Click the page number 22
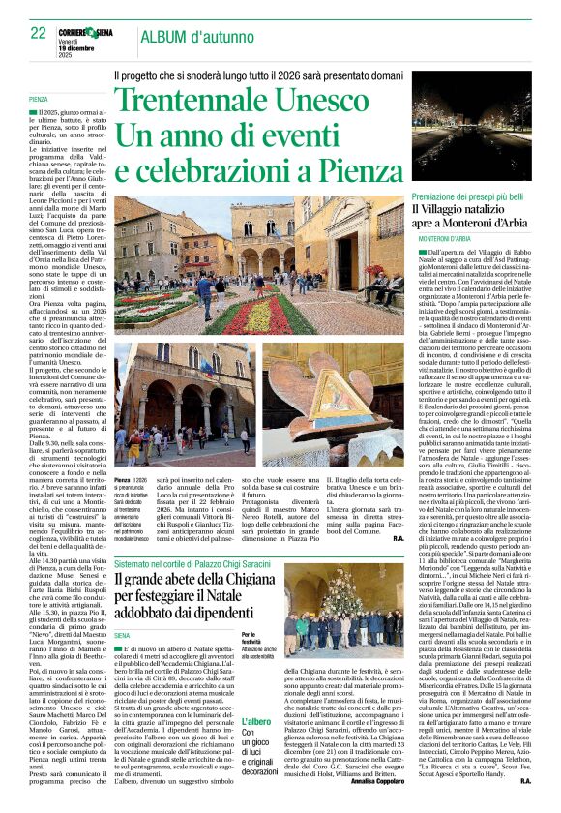38,33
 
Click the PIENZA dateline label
39,100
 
